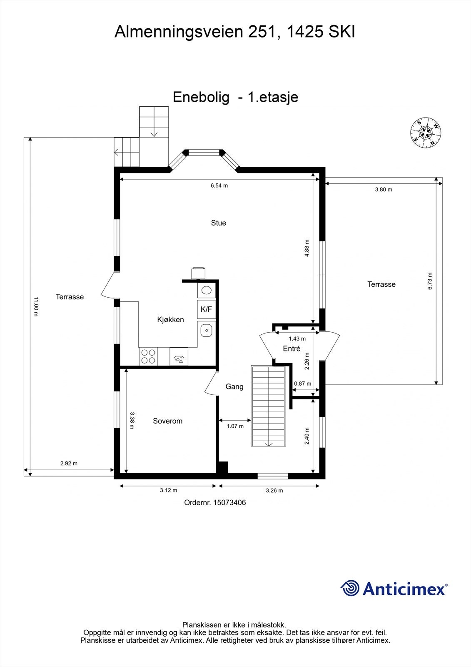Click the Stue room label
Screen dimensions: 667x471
click(x=218, y=223)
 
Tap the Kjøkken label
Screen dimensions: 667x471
click(x=170, y=320)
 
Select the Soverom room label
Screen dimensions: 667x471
click(x=167, y=421)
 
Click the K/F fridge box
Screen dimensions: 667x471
click(x=206, y=309)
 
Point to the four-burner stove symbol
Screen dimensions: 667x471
click(x=148, y=356)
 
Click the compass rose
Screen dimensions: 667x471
click(x=426, y=133)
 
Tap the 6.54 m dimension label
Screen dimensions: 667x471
click(x=219, y=186)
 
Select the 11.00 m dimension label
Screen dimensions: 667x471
click(x=36, y=306)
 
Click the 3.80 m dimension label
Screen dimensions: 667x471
click(x=383, y=189)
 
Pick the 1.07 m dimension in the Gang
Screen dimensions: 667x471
click(x=235, y=426)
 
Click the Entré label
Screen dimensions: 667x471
click(x=292, y=349)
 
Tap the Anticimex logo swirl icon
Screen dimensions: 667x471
click(x=350, y=589)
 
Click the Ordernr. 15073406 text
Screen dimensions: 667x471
click(x=215, y=503)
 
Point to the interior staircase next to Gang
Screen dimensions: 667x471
click(x=269, y=406)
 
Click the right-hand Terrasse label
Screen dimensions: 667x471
click(x=381, y=284)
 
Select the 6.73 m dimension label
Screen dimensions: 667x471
click(x=430, y=281)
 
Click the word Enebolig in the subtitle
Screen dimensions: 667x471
click(x=201, y=97)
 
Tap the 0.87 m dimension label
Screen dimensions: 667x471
click(x=302, y=384)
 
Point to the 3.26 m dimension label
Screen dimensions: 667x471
click(x=274, y=491)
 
